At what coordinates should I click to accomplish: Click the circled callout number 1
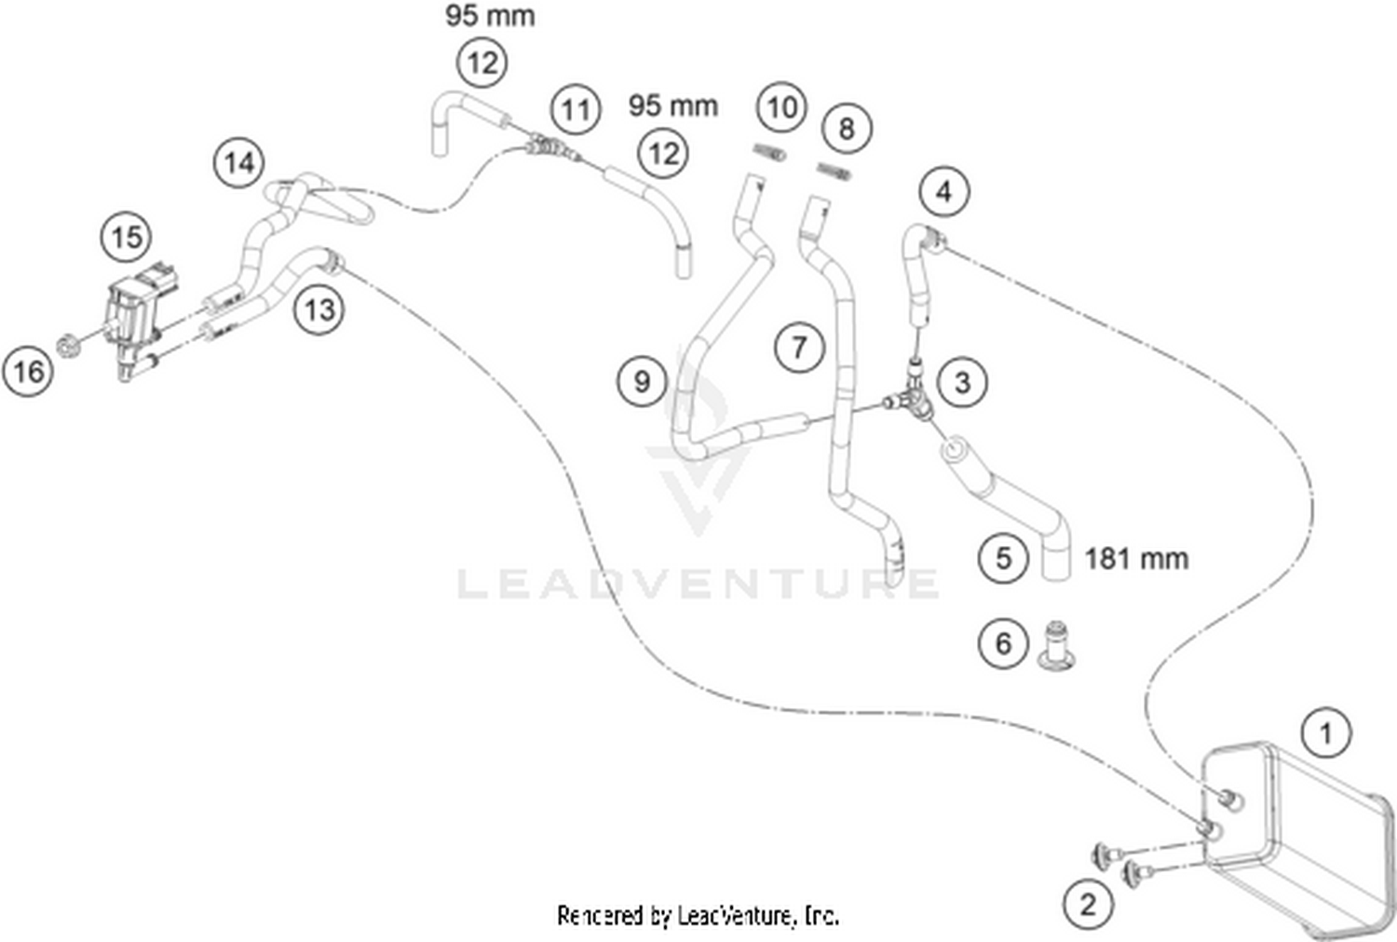pos(1326,732)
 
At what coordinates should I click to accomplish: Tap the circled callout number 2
pos(1089,904)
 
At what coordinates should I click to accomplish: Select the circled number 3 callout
pos(962,382)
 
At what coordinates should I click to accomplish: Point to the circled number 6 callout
pos(1003,643)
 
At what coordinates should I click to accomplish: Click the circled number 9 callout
pos(643,382)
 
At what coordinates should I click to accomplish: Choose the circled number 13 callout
pos(320,309)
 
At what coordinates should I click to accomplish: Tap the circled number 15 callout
pos(128,237)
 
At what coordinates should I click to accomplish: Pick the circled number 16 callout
pos(28,372)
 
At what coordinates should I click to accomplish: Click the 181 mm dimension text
pos(1137,559)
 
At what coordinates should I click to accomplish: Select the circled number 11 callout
pos(575,109)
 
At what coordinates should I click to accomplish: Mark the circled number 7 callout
pos(799,348)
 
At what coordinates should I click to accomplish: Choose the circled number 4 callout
pos(944,192)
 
